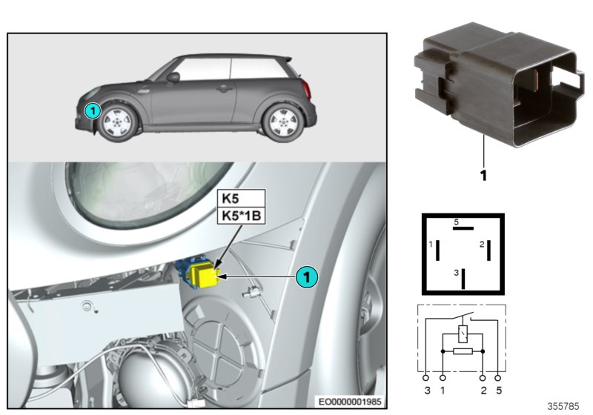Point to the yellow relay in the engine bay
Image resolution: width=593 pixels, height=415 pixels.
pyautogui.click(x=202, y=277)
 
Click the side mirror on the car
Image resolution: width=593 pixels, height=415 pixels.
pyautogui.click(x=173, y=76)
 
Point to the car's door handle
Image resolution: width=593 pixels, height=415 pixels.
pyautogui.click(x=222, y=87)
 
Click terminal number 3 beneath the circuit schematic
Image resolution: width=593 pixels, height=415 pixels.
pyautogui.click(x=427, y=389)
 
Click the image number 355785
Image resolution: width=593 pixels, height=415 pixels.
pyautogui.click(x=565, y=406)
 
